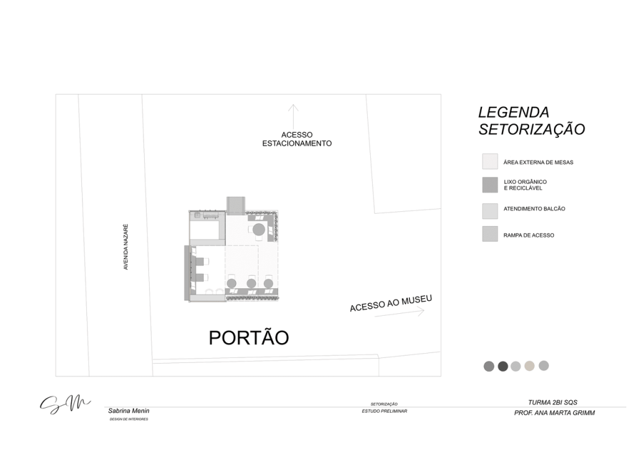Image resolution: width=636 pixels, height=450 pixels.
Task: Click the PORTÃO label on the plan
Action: point(248,337)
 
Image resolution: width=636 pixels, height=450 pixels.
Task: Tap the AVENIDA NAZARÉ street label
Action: point(126,247)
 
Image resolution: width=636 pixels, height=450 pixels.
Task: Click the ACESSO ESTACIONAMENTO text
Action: point(296,139)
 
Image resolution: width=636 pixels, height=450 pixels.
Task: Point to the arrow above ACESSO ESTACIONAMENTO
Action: point(293,116)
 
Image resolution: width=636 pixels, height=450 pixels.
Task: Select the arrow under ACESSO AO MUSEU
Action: point(399,313)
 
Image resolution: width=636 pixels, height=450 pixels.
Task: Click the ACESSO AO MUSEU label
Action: point(390,303)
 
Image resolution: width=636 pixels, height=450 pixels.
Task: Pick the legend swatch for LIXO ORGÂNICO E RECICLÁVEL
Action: point(490,185)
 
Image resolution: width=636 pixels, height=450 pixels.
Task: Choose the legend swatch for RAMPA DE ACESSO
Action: point(490,234)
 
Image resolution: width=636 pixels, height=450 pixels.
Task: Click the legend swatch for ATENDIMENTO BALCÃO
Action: point(490,210)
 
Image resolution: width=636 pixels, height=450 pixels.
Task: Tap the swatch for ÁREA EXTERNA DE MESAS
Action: point(490,162)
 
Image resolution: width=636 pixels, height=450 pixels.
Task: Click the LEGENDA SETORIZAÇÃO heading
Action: point(531,121)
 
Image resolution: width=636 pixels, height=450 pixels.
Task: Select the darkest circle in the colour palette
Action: point(503,366)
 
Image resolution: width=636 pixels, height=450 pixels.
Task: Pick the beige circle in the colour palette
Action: point(529,366)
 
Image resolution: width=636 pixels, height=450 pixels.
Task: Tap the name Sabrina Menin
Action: point(129,411)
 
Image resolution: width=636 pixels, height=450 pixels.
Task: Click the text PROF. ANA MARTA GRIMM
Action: point(554,413)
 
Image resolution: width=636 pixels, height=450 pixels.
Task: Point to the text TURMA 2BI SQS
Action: point(553,402)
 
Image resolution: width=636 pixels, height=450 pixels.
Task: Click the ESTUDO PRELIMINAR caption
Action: point(384,411)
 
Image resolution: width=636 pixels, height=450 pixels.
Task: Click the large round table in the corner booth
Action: point(260,231)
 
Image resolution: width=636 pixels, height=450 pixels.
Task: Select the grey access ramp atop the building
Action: point(236,204)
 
